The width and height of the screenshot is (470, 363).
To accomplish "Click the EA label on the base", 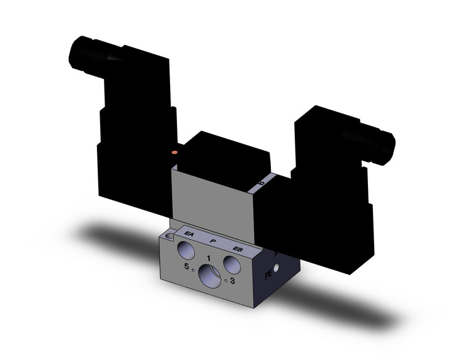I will (190, 234).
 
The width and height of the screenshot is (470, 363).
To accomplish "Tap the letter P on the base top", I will (213, 241).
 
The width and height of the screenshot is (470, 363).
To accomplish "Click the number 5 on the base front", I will (186, 267).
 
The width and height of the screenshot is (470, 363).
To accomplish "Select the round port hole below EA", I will (185, 250).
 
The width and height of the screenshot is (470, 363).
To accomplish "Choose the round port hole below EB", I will (233, 265).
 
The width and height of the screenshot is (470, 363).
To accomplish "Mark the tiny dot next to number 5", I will (193, 270).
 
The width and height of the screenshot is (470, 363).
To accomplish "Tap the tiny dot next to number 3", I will (226, 281).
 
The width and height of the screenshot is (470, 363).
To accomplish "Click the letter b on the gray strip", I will (261, 183).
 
